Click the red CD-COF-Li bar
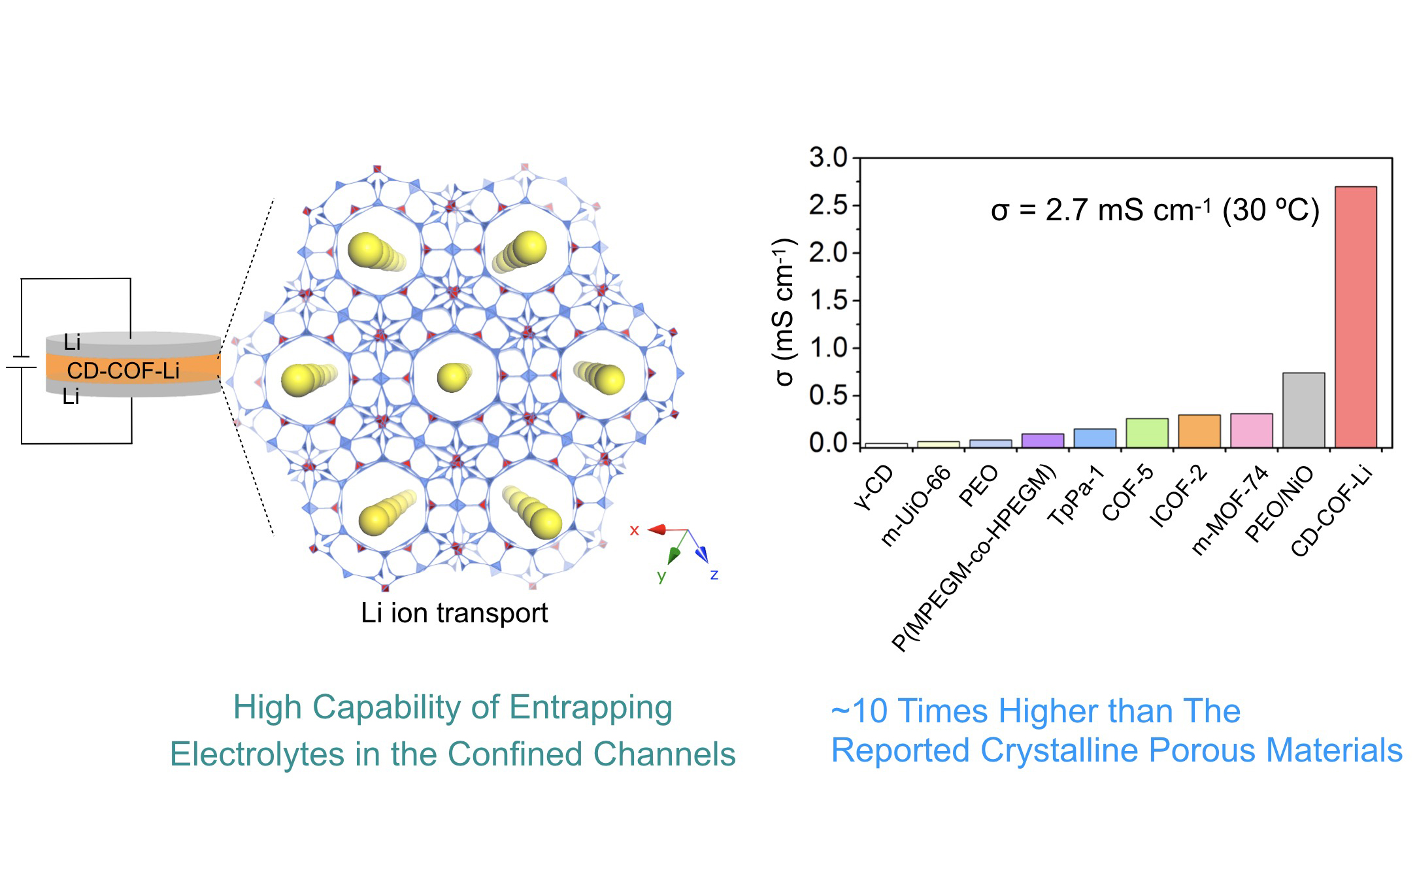(x=1355, y=317)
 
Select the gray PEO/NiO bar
(x=1303, y=411)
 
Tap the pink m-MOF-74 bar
(x=1251, y=431)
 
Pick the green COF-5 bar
(x=1146, y=433)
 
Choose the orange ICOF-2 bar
(x=1199, y=431)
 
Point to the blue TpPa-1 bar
(x=1094, y=438)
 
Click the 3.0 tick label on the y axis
(x=827, y=158)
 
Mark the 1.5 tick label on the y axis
(x=827, y=301)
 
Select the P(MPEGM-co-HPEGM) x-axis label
(x=974, y=559)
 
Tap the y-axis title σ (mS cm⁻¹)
(x=783, y=312)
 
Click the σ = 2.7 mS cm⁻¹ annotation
(x=1154, y=210)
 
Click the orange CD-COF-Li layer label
(x=123, y=371)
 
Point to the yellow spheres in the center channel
(x=454, y=377)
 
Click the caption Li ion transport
(x=454, y=613)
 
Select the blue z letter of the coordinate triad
(x=714, y=575)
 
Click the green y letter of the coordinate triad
(x=661, y=577)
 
